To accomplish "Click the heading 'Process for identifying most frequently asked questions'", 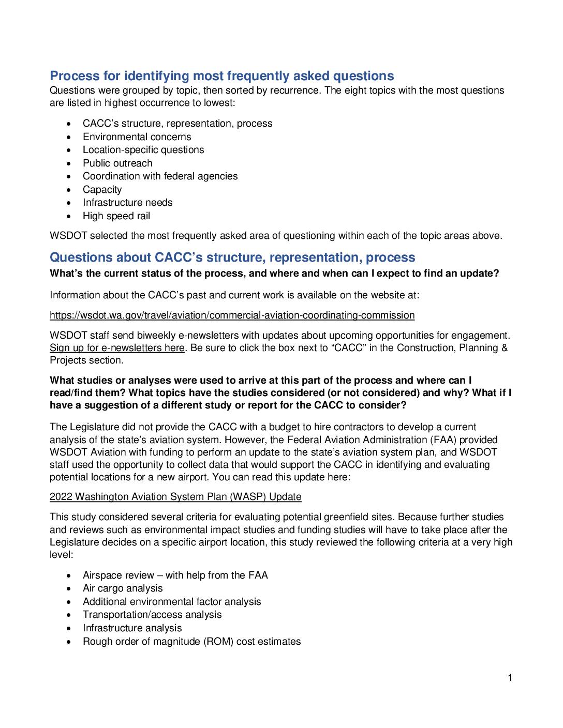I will (x=221, y=76).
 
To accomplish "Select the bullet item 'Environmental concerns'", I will (x=137, y=137).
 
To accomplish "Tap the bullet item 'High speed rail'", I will (x=116, y=216).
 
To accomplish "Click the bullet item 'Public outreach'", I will (x=117, y=163).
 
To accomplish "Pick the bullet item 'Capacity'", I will (x=102, y=190).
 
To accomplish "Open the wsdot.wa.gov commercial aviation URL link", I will (x=232, y=315).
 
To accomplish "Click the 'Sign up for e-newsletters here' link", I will (x=117, y=348).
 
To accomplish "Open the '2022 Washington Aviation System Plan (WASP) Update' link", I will (x=175, y=497).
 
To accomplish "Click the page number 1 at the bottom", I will (x=510, y=678).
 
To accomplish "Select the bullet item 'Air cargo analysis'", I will (x=123, y=588).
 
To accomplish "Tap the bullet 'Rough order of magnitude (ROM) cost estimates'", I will (x=191, y=642).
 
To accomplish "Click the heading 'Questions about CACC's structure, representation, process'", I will (x=232, y=257).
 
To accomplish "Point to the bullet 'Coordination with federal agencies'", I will (x=160, y=176).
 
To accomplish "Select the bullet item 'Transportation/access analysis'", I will (x=152, y=615).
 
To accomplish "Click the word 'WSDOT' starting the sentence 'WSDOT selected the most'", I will (x=68, y=236).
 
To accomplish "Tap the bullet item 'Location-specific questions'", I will (x=143, y=150).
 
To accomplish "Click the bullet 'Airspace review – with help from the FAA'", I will (x=175, y=575).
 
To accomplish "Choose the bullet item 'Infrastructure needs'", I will (x=127, y=203).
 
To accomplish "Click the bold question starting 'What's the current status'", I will (x=274, y=274).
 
